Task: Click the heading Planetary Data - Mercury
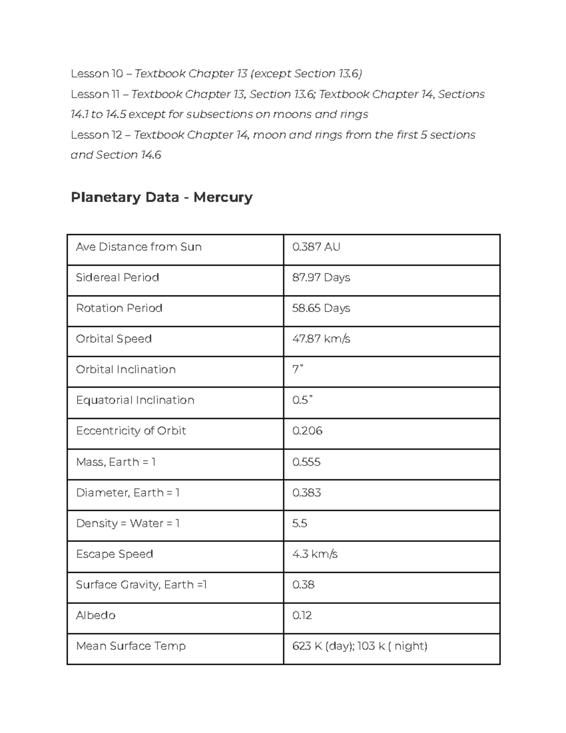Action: [x=161, y=197]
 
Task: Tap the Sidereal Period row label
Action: [x=117, y=278]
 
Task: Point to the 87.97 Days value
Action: [x=321, y=278]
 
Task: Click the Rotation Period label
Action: [x=119, y=308]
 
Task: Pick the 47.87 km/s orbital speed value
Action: [x=321, y=339]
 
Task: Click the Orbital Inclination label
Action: [x=125, y=370]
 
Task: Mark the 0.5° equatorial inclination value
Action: [x=302, y=400]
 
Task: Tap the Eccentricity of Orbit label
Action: [x=131, y=431]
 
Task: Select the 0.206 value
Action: [x=307, y=431]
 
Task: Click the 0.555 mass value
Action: [x=306, y=462]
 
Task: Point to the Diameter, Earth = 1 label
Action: [x=127, y=493]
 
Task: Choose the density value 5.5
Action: [x=300, y=523]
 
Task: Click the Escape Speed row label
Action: [x=114, y=554]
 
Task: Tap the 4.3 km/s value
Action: [x=315, y=554]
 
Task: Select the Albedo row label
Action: [x=95, y=615]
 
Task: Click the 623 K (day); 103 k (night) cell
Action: [x=359, y=646]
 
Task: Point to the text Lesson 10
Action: [x=96, y=74]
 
